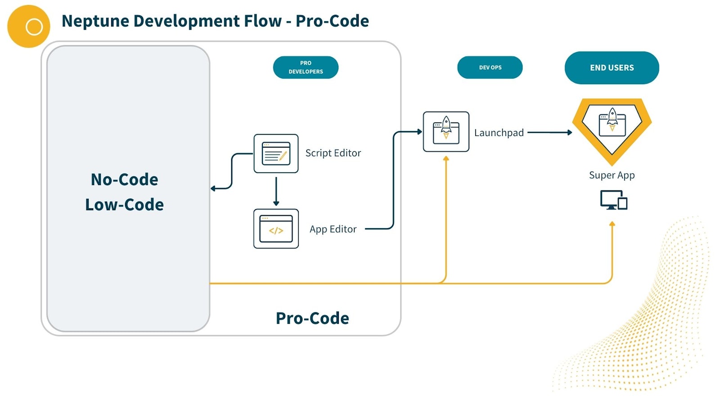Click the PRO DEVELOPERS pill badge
coord(306,67)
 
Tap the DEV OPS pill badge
coord(490,67)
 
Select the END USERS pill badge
coord(612,67)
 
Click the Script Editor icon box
coord(276,153)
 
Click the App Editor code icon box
coord(276,229)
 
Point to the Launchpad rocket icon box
coord(446,131)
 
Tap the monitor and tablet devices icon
coord(613,200)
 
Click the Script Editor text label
coord(333,153)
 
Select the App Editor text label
coord(333,229)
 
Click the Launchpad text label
coord(499,133)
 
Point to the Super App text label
coord(612,175)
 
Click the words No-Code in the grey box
coord(124,180)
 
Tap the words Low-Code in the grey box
coord(124,205)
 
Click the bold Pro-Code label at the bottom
coord(312,318)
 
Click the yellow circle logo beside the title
coord(29,27)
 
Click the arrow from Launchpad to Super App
coord(549,133)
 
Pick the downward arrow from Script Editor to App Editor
coord(276,191)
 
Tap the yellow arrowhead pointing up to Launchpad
coord(446,159)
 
